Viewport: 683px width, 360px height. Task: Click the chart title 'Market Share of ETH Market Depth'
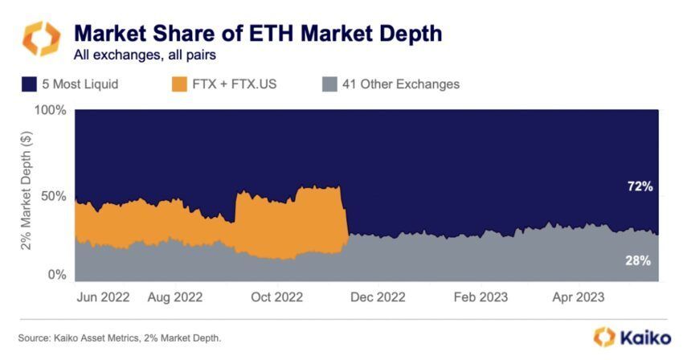point(257,35)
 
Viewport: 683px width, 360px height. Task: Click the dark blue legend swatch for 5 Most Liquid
point(30,84)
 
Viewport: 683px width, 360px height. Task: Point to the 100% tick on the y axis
point(51,109)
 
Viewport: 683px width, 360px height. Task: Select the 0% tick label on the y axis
point(56,275)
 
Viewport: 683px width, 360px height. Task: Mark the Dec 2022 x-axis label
point(379,297)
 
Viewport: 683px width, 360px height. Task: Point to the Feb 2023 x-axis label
point(481,297)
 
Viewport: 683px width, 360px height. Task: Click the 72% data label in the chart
point(640,186)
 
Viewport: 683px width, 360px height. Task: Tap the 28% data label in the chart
point(640,260)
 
